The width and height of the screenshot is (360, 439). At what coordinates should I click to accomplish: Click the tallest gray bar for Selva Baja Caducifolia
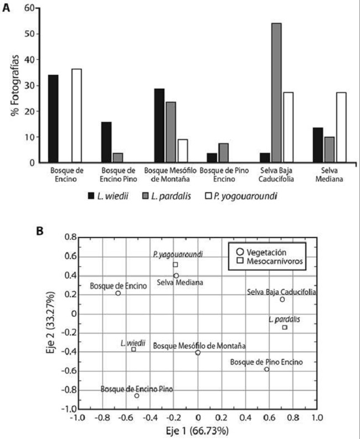tap(276, 92)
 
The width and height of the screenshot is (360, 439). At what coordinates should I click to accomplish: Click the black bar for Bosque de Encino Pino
tap(106, 142)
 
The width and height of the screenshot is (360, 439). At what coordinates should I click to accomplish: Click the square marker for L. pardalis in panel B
tap(285, 327)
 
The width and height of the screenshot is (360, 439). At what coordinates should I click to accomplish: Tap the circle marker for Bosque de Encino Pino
tap(137, 396)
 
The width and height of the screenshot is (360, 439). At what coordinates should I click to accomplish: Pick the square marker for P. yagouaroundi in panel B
tap(175, 265)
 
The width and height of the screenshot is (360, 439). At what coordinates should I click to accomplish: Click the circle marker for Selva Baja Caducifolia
tap(282, 299)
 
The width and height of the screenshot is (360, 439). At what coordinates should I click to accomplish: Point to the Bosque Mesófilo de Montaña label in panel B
tap(199, 346)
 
